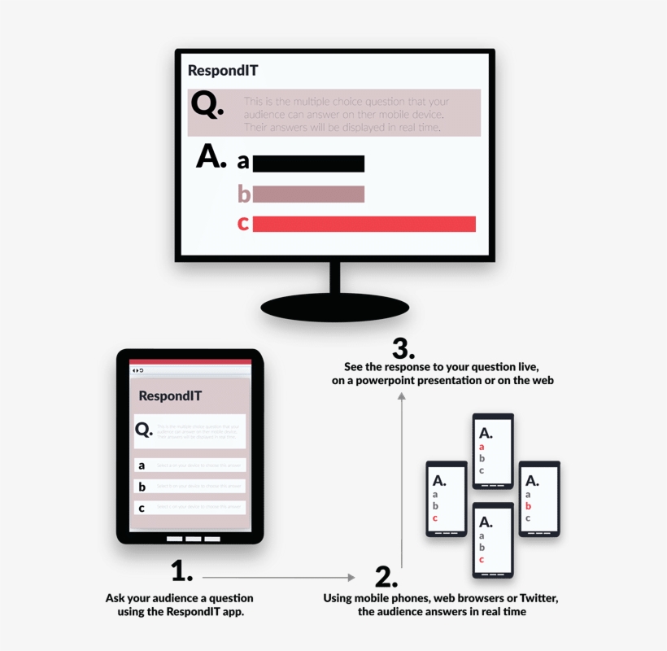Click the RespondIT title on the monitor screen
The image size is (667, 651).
(x=223, y=71)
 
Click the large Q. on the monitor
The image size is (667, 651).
(x=207, y=105)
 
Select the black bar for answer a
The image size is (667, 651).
(x=308, y=164)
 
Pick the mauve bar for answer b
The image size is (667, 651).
(x=308, y=194)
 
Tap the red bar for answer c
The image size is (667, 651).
(x=364, y=224)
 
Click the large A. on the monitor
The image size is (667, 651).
(x=211, y=157)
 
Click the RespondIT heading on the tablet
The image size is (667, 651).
(x=170, y=396)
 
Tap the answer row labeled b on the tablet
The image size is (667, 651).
(x=190, y=487)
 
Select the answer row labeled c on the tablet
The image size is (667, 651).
(x=190, y=508)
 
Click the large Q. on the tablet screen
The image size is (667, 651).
(x=144, y=430)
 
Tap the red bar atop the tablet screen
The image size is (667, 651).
(x=190, y=361)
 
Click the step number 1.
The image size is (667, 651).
(x=182, y=570)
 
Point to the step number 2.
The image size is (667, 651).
(x=386, y=576)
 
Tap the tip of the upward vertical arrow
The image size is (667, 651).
(x=401, y=395)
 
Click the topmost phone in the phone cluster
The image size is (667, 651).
(x=493, y=451)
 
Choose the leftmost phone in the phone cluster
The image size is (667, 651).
(x=447, y=499)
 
